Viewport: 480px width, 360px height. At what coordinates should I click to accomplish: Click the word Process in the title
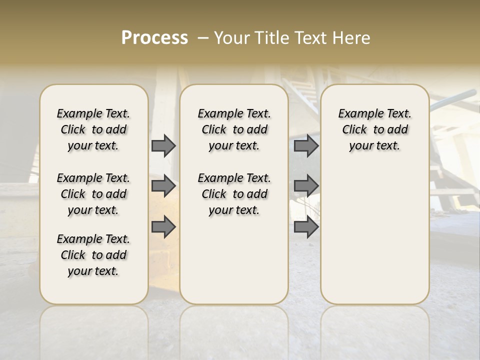click(154, 38)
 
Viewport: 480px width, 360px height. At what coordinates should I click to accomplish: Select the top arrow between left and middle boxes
click(163, 146)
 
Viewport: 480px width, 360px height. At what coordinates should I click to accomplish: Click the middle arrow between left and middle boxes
click(163, 186)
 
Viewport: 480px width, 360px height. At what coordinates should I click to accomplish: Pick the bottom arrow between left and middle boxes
click(163, 227)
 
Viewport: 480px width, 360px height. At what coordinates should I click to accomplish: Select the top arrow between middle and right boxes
click(306, 146)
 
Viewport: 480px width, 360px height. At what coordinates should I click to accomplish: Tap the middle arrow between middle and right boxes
click(306, 186)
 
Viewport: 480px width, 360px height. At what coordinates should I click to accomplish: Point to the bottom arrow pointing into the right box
click(306, 227)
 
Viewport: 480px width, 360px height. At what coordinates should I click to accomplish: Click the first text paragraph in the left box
click(93, 129)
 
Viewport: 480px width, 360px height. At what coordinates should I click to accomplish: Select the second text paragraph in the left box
click(93, 194)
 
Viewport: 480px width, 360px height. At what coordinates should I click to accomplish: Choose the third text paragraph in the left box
click(93, 255)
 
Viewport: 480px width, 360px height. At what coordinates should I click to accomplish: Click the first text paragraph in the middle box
click(234, 129)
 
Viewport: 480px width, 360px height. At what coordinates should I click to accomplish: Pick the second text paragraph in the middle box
click(234, 194)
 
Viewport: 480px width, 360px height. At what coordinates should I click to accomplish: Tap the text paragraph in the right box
click(374, 129)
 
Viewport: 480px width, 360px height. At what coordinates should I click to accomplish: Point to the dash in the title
click(202, 38)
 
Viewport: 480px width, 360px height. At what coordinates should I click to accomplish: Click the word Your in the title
click(231, 38)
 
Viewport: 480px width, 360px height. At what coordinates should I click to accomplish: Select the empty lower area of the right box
click(374, 230)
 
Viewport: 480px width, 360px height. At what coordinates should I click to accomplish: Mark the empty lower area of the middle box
click(234, 260)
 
